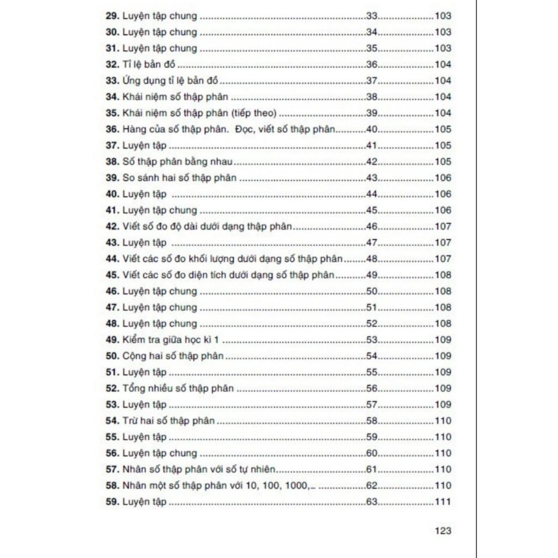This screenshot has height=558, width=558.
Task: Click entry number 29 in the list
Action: (x=112, y=16)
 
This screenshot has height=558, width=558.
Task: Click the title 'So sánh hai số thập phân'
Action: (x=179, y=178)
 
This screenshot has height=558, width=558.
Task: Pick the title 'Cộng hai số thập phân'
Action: (x=173, y=356)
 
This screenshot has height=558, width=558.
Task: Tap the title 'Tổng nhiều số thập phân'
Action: (x=178, y=389)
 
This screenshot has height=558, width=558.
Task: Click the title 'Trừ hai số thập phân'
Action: (x=168, y=421)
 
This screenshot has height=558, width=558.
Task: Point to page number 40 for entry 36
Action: (x=372, y=130)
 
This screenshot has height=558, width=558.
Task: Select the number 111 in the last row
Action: (x=443, y=502)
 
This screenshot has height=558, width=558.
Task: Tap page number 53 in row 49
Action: (x=372, y=340)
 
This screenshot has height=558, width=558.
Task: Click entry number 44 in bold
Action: (x=112, y=259)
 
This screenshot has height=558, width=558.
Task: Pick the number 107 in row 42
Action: (x=443, y=227)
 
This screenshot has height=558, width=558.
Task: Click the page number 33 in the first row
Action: (x=372, y=16)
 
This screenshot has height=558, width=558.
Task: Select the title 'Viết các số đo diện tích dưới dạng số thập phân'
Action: (x=228, y=275)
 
